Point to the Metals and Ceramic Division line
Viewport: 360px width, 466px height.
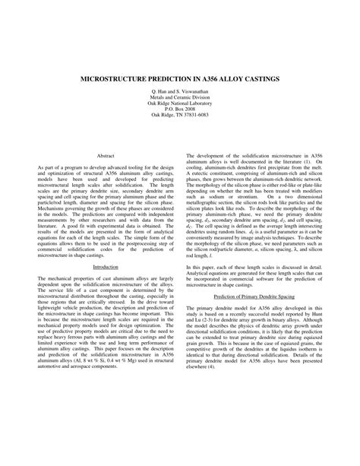click(180, 97)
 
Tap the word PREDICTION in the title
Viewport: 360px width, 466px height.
click(172, 78)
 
